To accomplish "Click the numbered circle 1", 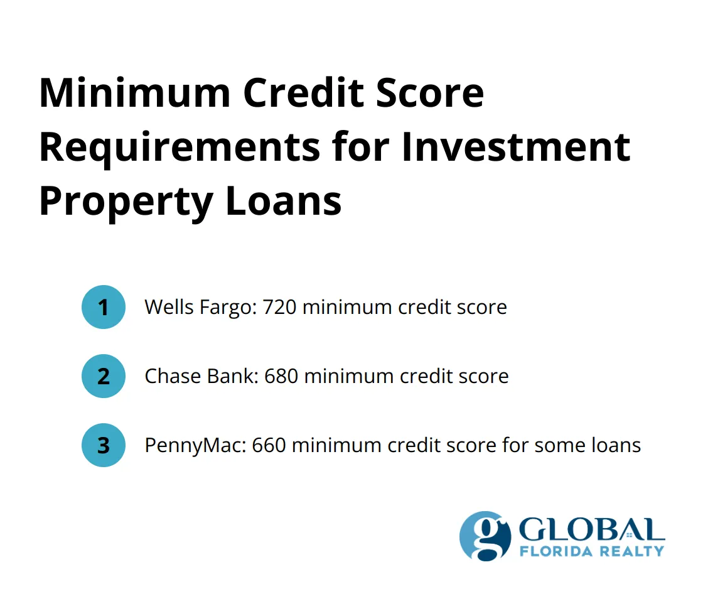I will pos(104,307).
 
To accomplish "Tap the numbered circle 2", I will pos(104,376).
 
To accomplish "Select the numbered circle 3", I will pos(104,445).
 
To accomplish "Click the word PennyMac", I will pos(195,445).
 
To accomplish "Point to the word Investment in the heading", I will pos(515,147).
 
